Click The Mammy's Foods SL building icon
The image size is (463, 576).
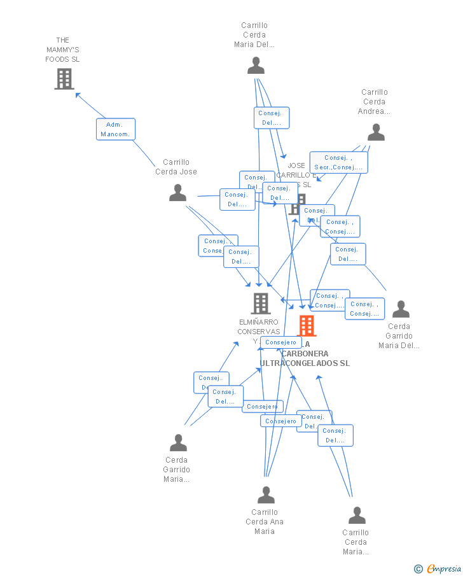coord(64,79)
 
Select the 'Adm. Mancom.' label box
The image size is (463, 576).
coord(116,129)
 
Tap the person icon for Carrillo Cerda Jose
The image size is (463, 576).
coord(177,193)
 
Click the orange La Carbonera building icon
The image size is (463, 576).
coord(307,326)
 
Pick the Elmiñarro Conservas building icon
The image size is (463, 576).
coord(261,304)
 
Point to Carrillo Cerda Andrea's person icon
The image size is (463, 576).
coord(376,132)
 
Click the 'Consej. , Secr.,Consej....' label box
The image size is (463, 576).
coord(338,162)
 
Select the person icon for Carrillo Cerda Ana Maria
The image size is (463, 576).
coord(266,495)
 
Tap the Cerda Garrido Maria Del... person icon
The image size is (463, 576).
coord(401,309)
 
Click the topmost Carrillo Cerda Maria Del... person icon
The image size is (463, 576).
coord(256,66)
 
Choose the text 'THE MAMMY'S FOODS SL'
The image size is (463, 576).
coord(62,50)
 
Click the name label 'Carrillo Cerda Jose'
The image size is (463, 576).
coord(176,167)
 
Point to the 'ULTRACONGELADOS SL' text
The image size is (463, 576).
coord(305,363)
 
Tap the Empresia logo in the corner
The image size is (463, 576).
coord(443,568)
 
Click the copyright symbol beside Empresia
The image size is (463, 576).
coord(418,569)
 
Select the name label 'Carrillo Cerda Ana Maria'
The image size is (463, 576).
coord(265,521)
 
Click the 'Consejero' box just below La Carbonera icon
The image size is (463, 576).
coord(280,342)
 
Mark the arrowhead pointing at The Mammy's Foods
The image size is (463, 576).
coord(78,95)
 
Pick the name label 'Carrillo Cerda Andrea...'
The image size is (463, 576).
coord(374,102)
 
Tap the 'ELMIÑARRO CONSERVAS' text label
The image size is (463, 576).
coord(258,327)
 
